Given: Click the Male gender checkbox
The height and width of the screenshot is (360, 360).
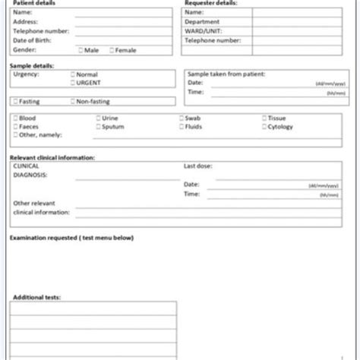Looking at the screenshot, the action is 81,50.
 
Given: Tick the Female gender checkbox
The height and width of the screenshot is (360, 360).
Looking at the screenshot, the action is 111,50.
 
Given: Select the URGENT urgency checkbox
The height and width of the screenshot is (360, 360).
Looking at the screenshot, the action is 72,82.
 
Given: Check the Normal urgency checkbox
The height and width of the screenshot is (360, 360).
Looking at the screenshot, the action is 72,74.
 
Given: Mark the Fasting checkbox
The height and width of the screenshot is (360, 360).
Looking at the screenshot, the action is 15,100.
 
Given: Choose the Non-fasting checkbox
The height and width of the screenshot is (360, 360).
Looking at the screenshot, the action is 72,100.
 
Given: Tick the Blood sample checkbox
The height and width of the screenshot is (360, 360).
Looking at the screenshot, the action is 15,118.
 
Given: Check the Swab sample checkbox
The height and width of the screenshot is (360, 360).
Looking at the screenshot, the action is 181,118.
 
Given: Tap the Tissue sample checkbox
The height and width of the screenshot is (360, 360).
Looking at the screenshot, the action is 264,118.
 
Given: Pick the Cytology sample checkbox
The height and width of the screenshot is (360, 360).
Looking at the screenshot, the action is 264,127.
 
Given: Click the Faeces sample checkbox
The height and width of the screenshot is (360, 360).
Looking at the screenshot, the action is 15,127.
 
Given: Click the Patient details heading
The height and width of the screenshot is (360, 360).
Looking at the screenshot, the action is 32,4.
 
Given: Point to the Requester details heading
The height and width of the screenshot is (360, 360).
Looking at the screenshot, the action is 210,4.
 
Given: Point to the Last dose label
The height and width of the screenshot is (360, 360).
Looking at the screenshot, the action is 197,166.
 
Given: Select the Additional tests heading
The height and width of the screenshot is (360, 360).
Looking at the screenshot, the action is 35,298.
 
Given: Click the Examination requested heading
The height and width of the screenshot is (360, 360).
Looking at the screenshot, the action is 71,238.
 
